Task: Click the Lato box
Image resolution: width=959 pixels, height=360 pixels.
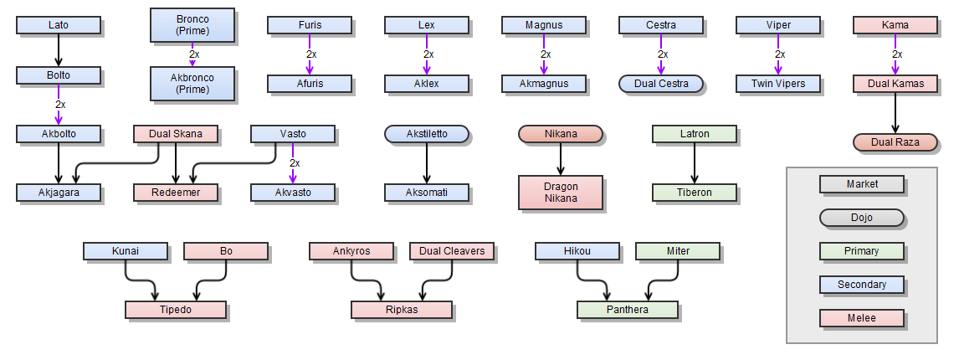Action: point(59,25)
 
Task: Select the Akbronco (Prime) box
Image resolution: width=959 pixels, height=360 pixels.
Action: point(192,84)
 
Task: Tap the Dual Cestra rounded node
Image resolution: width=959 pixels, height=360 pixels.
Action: point(661,84)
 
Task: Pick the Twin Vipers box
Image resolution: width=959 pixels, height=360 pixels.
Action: point(778,84)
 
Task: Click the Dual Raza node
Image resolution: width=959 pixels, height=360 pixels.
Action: point(895,142)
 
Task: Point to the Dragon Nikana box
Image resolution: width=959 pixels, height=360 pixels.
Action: point(561,193)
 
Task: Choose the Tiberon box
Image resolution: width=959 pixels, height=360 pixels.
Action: point(695,193)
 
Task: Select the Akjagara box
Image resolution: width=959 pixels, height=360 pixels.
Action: point(59,193)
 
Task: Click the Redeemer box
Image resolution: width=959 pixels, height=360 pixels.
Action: point(176,193)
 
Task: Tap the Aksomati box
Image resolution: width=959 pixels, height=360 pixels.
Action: point(427,193)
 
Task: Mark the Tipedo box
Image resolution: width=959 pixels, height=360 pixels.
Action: point(176,310)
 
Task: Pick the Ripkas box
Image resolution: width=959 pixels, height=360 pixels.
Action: point(402,310)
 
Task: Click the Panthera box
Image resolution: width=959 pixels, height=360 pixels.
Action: point(628,310)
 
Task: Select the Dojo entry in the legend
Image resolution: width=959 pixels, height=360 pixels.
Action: point(862,218)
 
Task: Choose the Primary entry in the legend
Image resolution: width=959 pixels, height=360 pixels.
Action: point(862,251)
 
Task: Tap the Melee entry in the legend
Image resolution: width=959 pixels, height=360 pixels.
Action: point(862,318)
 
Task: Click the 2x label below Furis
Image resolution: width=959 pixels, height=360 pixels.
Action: point(311,54)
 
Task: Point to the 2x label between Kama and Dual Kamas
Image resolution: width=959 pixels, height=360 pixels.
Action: point(897,54)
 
